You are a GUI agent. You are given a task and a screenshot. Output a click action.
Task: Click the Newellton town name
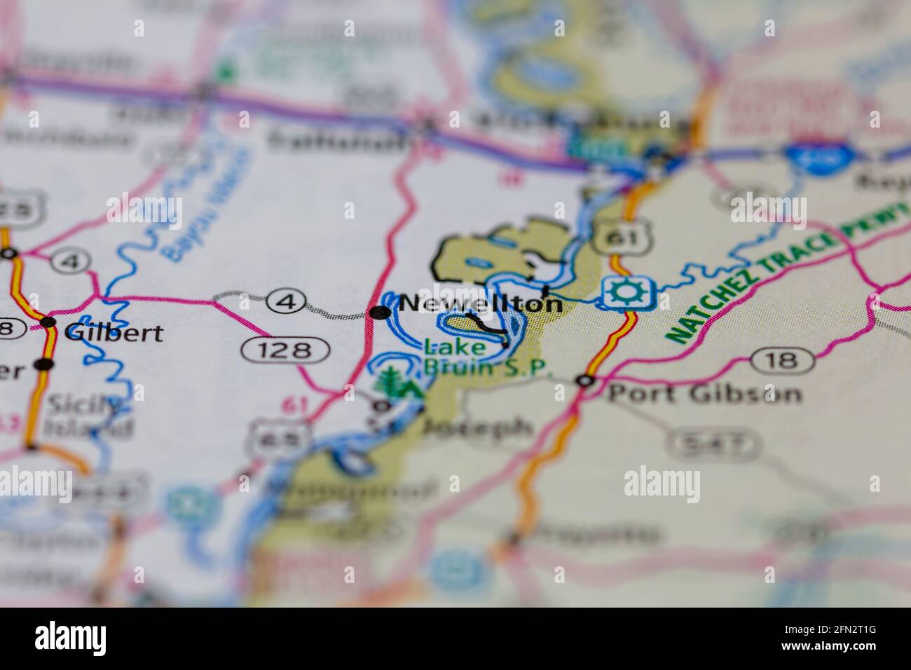tap(481, 304)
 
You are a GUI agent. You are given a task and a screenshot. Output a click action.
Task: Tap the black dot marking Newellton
tap(381, 313)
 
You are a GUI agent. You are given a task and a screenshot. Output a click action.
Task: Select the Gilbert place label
tap(113, 332)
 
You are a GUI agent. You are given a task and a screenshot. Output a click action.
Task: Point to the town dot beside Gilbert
tap(48, 322)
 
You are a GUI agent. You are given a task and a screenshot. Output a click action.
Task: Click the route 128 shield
tap(286, 349)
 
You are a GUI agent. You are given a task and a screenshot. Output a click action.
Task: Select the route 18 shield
tap(783, 361)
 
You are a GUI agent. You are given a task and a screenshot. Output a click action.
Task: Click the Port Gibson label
tap(704, 393)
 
